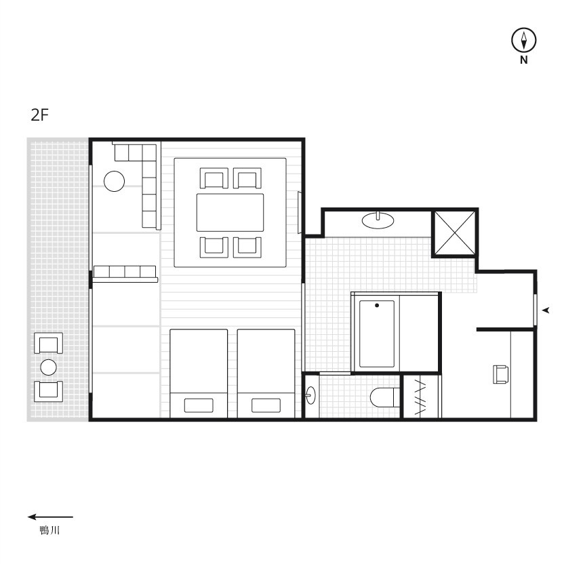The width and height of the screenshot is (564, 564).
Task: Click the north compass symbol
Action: pyautogui.click(x=524, y=40)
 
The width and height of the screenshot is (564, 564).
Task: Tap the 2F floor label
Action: pyautogui.click(x=39, y=115)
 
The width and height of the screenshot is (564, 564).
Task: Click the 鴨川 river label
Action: pyautogui.click(x=49, y=530)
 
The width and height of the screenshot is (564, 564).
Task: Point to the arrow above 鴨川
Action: pyautogui.click(x=50, y=517)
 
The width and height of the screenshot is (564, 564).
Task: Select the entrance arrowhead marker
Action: pyautogui.click(x=546, y=310)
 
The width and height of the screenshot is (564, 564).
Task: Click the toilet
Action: pyautogui.click(x=385, y=397)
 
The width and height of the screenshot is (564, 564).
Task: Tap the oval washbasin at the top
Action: pyautogui.click(x=378, y=220)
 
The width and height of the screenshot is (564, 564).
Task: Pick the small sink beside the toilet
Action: pyautogui.click(x=310, y=395)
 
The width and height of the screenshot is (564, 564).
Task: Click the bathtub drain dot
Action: pyautogui.click(x=377, y=305)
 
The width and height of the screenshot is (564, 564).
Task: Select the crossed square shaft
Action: pyautogui.click(x=455, y=233)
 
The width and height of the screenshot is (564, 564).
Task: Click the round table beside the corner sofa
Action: pyautogui.click(x=115, y=181)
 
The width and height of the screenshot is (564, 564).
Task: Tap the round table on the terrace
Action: pyautogui.click(x=49, y=367)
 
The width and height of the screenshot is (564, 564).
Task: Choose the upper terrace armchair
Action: pyautogui.click(x=49, y=343)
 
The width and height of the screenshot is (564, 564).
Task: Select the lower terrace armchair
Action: pyautogui.click(x=49, y=391)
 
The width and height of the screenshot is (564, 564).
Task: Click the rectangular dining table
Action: pyautogui.click(x=230, y=213)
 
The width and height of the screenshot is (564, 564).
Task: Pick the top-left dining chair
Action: pyautogui.click(x=214, y=178)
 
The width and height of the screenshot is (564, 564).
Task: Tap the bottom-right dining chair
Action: pyautogui.click(x=247, y=247)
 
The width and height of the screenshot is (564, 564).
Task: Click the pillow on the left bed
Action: pyautogui.click(x=199, y=405)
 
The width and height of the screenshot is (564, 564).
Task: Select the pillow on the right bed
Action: pyautogui.click(x=266, y=405)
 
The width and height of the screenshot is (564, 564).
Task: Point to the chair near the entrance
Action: pyautogui.click(x=500, y=374)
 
